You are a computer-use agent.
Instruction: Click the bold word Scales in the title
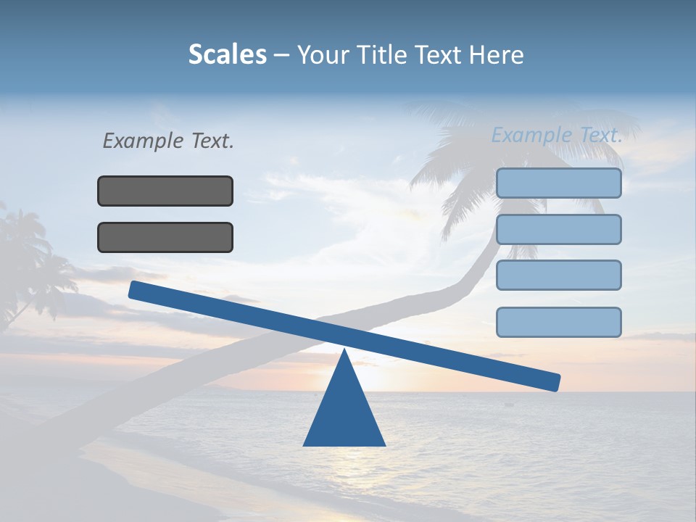(x=227, y=54)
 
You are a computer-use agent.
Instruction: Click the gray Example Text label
(x=168, y=141)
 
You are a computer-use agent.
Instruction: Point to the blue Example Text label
(x=557, y=135)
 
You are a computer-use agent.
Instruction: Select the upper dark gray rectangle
(x=165, y=191)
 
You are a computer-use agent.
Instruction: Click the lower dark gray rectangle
(x=165, y=237)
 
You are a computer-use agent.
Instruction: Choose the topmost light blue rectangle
(x=558, y=183)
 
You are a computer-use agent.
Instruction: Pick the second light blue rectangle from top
(x=558, y=229)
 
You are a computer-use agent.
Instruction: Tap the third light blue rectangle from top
(x=558, y=275)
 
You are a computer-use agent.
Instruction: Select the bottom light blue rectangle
(x=558, y=322)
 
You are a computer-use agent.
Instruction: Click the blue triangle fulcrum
(x=344, y=413)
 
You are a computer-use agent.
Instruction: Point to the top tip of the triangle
(x=344, y=350)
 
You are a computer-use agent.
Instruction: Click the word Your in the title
(x=322, y=54)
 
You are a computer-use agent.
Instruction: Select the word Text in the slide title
(x=439, y=54)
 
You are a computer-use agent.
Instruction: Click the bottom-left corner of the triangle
(x=304, y=445)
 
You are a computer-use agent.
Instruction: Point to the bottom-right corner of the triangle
(x=384, y=445)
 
